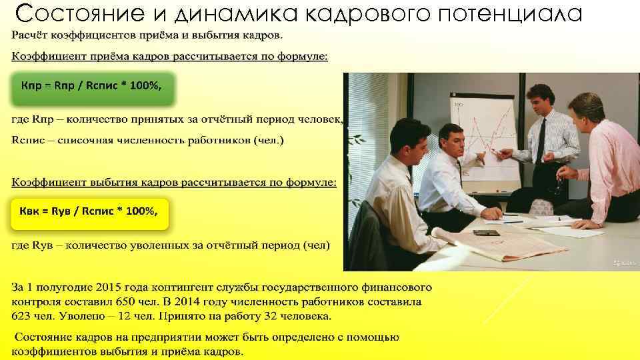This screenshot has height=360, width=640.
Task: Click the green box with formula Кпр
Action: coord(92,87)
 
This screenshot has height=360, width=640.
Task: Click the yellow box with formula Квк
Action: coord(89,213)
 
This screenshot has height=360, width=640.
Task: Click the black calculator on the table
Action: coord(486,233)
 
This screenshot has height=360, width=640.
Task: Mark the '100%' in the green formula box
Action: coord(144,87)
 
